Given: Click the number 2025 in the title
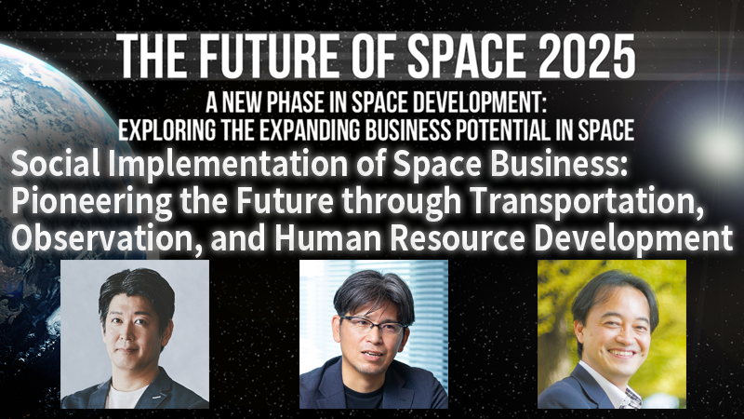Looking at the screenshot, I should point(576,58).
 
